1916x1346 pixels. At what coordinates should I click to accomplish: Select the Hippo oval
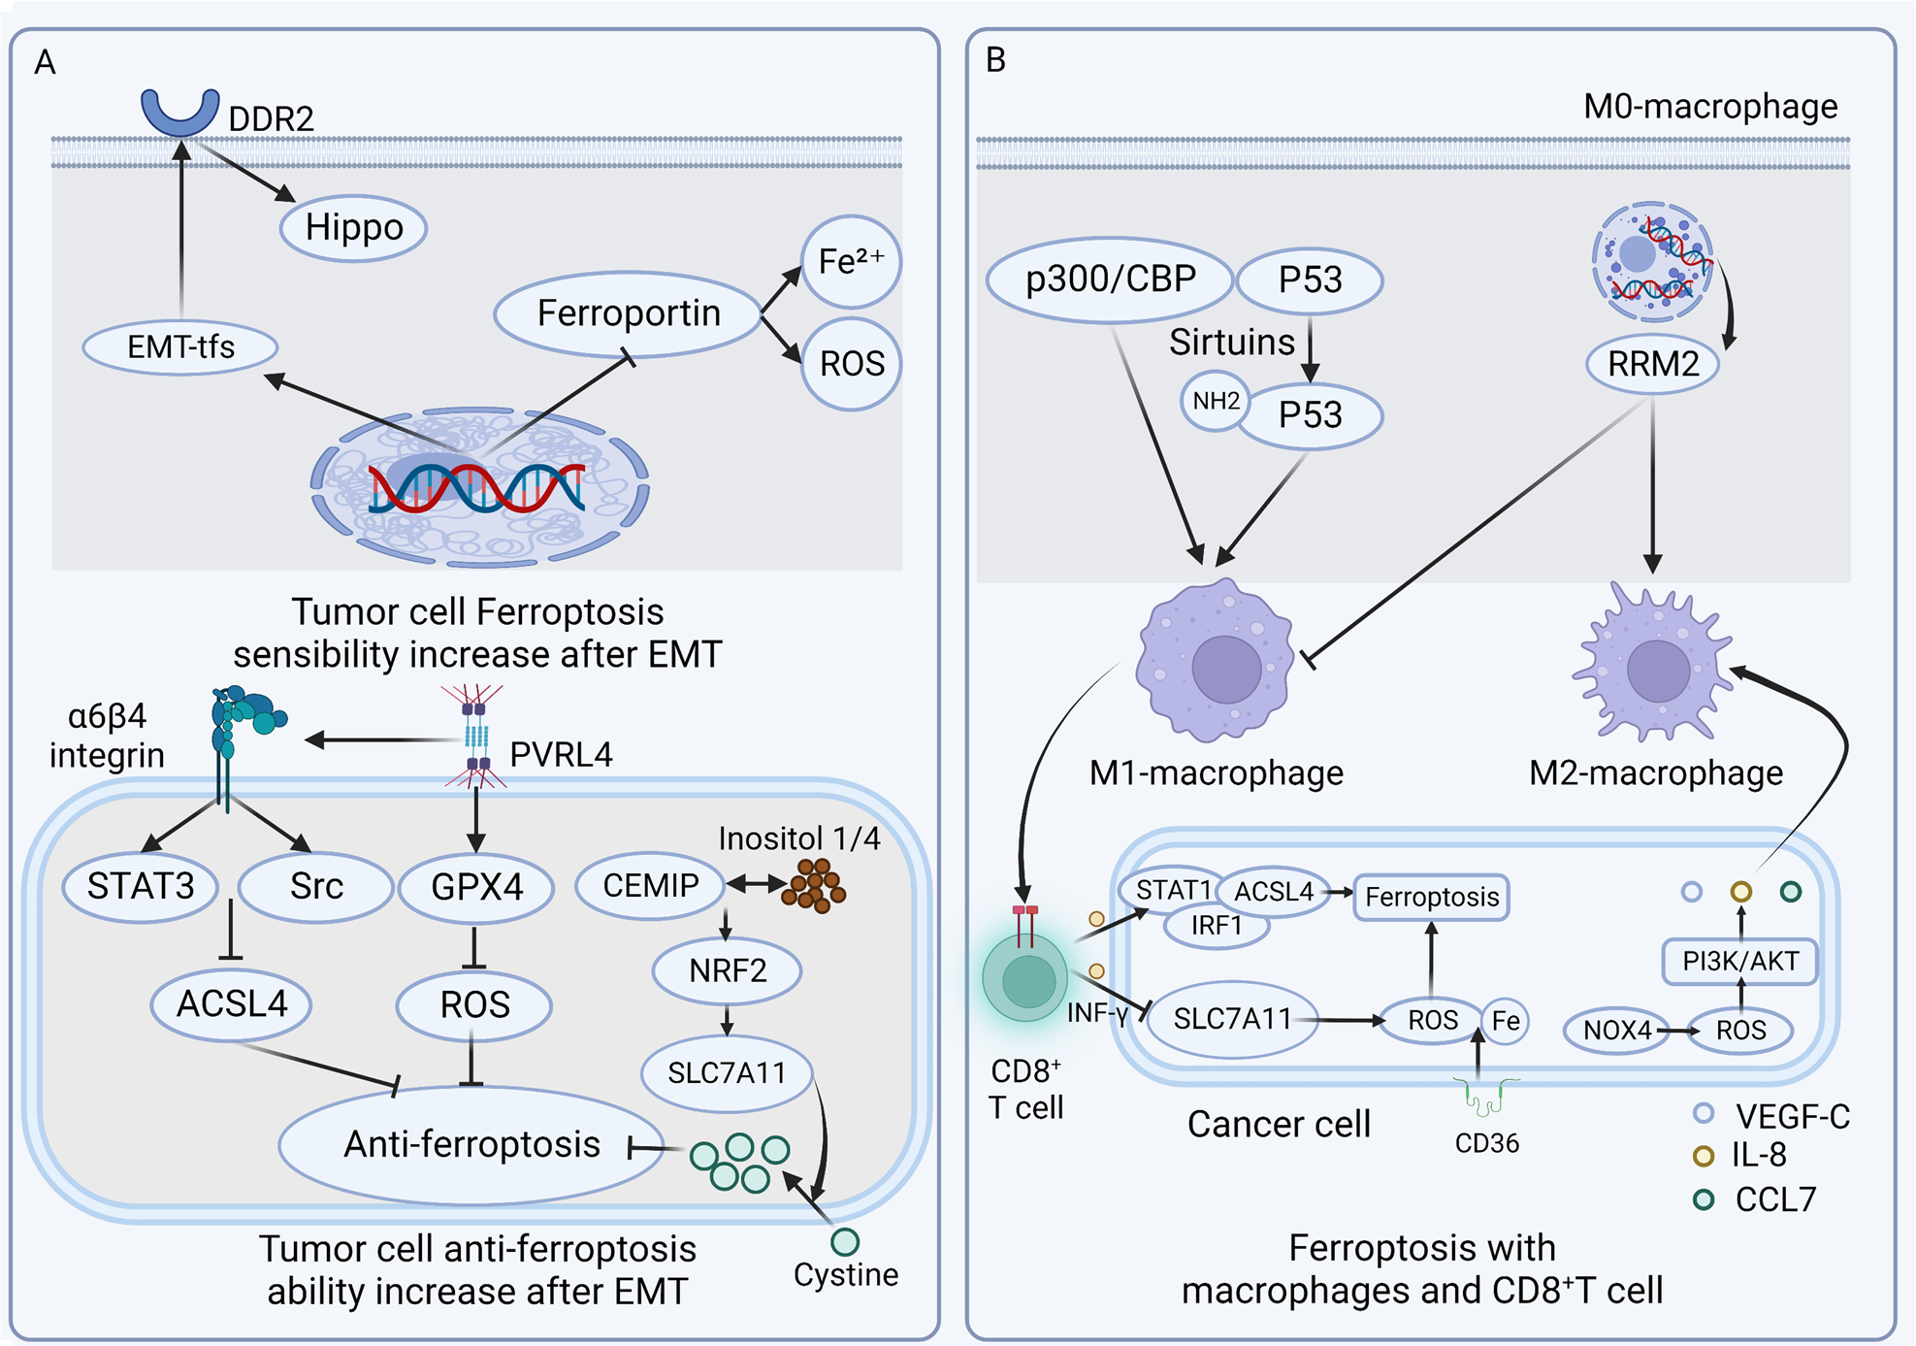(353, 228)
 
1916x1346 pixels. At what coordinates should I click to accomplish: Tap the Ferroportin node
(628, 313)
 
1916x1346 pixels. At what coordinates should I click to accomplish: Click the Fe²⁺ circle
(851, 262)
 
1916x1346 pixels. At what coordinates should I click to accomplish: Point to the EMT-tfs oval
(180, 347)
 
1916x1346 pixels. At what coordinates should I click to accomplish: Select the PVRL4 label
(561, 754)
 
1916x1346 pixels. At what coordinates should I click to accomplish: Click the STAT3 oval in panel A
(141, 886)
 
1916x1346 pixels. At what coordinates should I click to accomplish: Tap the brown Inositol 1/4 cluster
(813, 885)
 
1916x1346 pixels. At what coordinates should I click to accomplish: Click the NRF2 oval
(727, 970)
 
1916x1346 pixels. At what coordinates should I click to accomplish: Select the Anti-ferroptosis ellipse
(471, 1145)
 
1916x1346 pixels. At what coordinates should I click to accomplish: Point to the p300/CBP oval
(1110, 279)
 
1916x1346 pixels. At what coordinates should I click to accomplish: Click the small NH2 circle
(1215, 401)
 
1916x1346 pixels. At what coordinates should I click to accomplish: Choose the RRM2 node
(1652, 364)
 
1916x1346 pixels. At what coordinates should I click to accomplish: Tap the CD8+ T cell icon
(1025, 977)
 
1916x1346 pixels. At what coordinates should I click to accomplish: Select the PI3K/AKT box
(1739, 961)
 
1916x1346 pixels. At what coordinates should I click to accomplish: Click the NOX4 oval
(1616, 1030)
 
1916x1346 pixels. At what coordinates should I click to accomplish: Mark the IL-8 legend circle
(1703, 1156)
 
